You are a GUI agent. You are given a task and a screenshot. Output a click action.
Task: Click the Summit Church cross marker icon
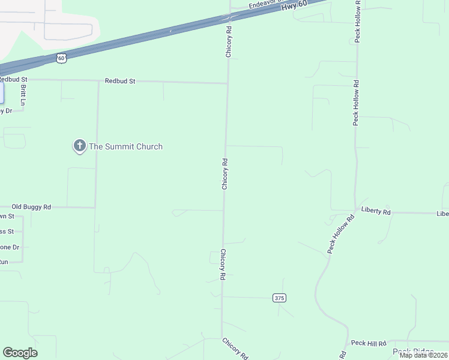click(x=79, y=145)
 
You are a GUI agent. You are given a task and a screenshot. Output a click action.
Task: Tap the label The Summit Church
click(x=125, y=146)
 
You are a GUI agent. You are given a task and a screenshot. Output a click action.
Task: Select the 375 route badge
click(x=279, y=298)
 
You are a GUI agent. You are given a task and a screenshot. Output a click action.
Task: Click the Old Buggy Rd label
click(x=31, y=206)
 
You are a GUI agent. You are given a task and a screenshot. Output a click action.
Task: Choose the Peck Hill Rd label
click(x=369, y=343)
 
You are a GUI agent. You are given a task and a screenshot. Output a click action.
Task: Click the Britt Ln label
click(x=23, y=95)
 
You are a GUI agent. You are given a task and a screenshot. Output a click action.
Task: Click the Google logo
click(x=20, y=353)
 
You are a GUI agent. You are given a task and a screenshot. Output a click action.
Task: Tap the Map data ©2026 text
click(x=423, y=355)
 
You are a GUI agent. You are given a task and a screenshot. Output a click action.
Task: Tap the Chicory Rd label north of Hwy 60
click(x=229, y=41)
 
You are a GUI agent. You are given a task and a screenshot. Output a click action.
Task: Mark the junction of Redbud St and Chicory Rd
click(x=227, y=83)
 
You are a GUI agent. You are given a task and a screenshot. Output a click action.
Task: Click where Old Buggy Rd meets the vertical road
click(x=95, y=208)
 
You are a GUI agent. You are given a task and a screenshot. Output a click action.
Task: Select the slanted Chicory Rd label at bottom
click(x=235, y=349)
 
